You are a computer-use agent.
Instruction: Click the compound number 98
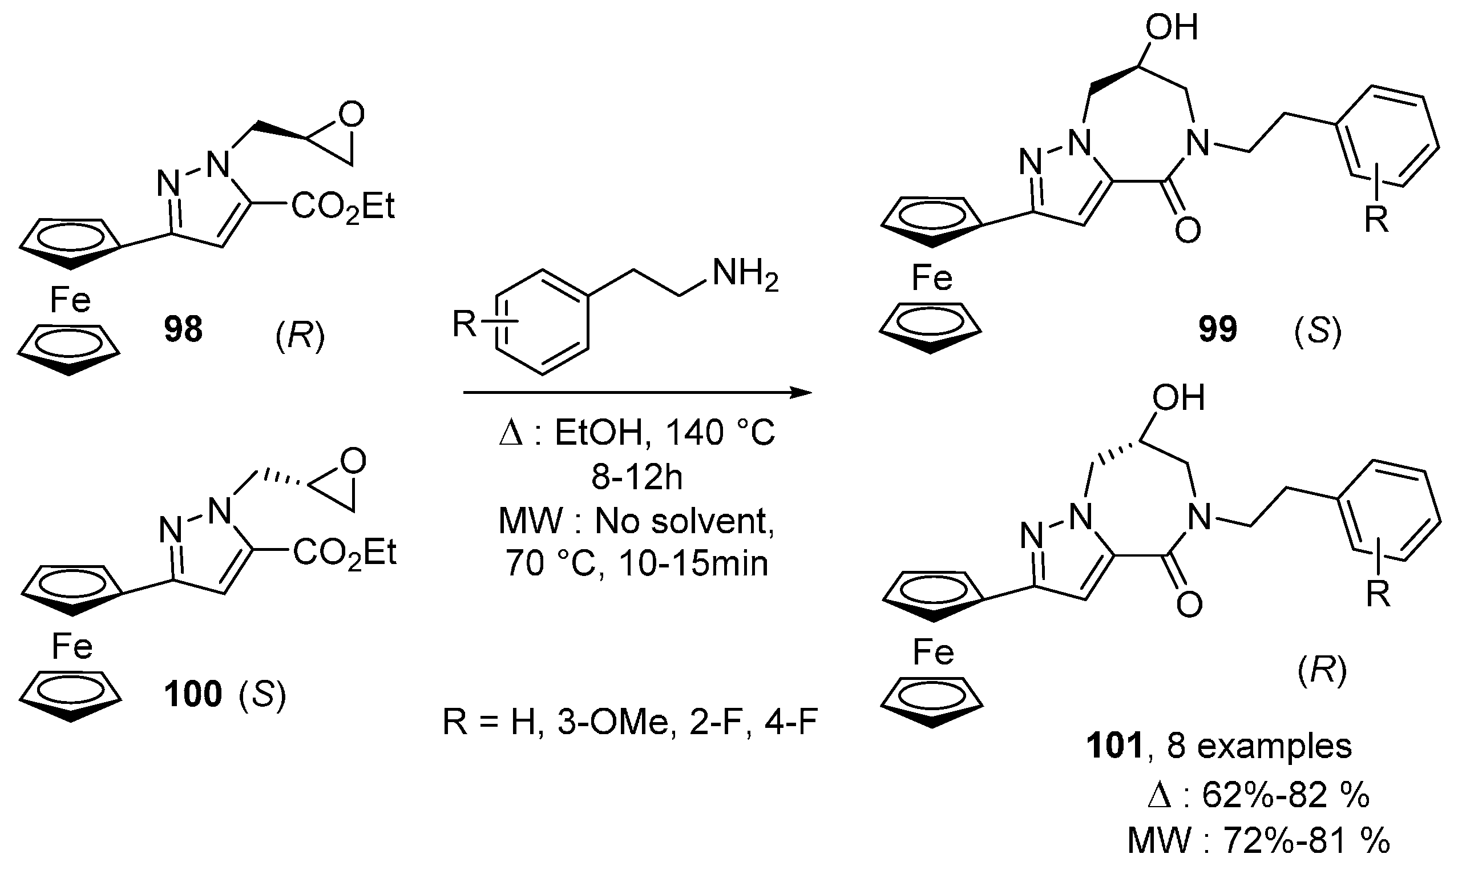pos(183,329)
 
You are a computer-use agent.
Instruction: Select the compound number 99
pos(1218,329)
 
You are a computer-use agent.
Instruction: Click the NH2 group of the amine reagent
pos(745,275)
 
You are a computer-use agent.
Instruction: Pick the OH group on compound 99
pos(1172,27)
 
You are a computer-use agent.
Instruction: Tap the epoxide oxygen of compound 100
pos(353,461)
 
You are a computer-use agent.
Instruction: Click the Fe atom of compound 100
pos(72,646)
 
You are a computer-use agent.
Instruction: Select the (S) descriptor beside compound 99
pos(1317,332)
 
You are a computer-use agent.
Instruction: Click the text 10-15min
pos(694,563)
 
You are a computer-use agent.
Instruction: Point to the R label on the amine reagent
pos(465,323)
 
